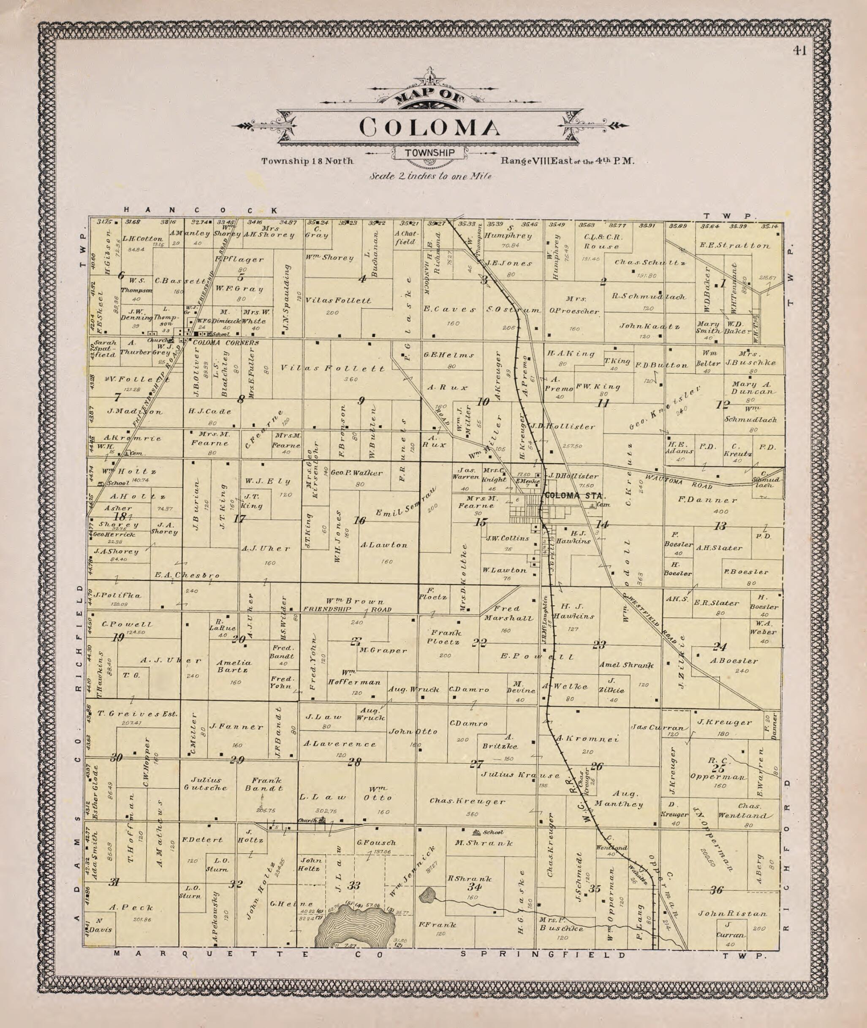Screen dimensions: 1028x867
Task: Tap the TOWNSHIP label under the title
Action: pyautogui.click(x=429, y=153)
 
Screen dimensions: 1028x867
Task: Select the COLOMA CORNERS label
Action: pyautogui.click(x=225, y=343)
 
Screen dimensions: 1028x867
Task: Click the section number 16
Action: pyautogui.click(x=360, y=521)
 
